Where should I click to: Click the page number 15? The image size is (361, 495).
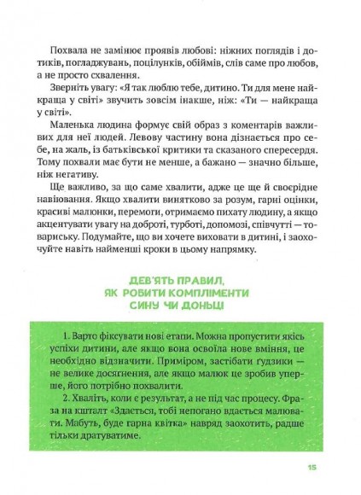[312, 467]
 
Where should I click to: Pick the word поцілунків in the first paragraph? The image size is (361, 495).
[183, 53]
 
